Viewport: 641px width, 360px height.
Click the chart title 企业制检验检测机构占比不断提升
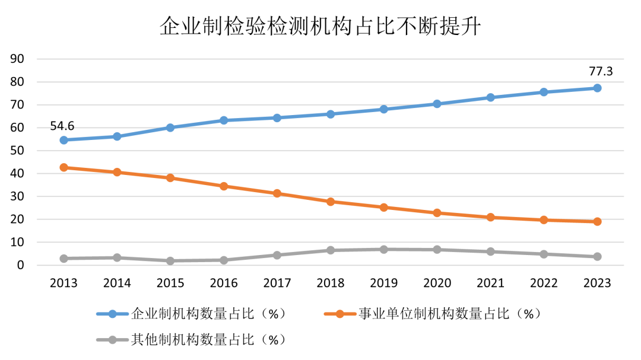click(320, 27)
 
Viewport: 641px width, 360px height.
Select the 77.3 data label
click(600, 72)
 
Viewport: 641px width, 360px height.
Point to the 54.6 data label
click(66, 125)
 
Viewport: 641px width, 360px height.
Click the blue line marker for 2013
click(64, 140)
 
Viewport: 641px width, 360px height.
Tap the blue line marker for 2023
click(597, 88)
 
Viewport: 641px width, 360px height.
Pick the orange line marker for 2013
click(64, 167)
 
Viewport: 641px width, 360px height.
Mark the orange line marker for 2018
click(331, 202)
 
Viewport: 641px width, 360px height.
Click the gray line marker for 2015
click(170, 261)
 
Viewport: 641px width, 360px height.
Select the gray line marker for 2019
click(384, 249)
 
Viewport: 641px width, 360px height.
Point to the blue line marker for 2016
click(224, 120)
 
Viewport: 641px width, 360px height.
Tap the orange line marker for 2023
click(597, 222)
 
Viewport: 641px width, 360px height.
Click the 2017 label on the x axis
click(277, 283)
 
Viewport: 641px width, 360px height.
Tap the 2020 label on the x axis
click(437, 283)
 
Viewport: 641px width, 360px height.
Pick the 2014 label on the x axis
click(117, 283)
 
